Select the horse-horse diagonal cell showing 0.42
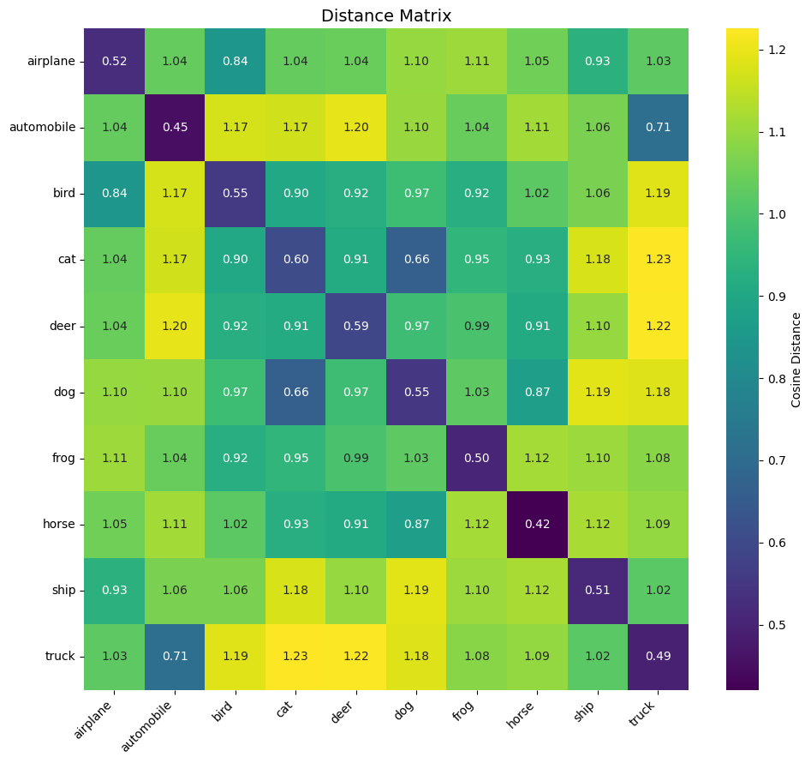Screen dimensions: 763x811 pos(537,524)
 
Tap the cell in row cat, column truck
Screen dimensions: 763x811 pos(658,260)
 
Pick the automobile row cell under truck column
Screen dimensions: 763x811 pos(658,128)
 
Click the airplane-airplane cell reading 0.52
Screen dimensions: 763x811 pos(114,62)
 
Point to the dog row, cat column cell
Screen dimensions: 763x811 pos(295,392)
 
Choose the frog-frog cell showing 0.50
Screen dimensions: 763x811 pos(476,458)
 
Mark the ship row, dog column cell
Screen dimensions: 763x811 pos(416,590)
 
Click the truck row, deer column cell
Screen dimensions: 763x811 pos(355,656)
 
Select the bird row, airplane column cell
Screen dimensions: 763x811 pos(114,194)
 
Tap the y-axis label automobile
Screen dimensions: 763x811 pos(43,128)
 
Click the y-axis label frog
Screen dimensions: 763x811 pos(63,458)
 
